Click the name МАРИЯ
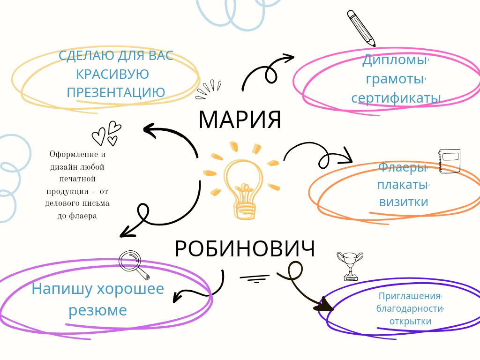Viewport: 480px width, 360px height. (x=240, y=119)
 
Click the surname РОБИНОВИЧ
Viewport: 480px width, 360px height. (x=245, y=248)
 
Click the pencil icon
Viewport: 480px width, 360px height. (x=361, y=28)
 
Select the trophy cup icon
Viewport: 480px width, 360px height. (x=350, y=266)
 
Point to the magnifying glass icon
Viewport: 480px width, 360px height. (x=134, y=265)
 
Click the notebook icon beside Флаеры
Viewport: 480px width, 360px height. (x=450, y=161)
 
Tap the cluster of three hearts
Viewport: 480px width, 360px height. (x=107, y=134)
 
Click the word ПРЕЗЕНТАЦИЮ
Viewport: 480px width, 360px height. (x=116, y=92)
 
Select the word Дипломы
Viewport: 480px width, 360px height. (x=394, y=60)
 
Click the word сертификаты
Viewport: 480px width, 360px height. (x=396, y=98)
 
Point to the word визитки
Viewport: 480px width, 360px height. (x=404, y=202)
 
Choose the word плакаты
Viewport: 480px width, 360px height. (x=402, y=185)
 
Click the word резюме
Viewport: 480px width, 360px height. (x=97, y=310)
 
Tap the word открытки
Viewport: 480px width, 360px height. (x=410, y=322)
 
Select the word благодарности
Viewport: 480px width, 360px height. (x=409, y=308)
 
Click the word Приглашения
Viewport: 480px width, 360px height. (x=409, y=296)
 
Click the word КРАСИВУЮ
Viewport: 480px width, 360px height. (x=112, y=74)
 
